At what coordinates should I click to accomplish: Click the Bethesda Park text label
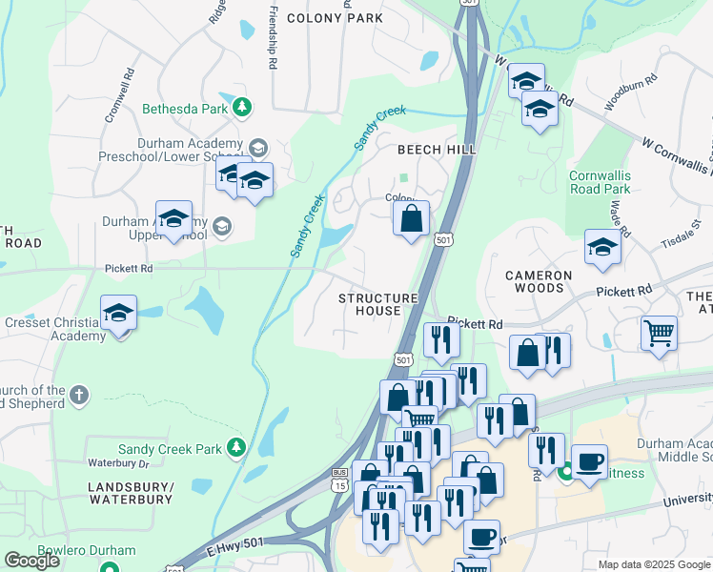pyautogui.click(x=185, y=109)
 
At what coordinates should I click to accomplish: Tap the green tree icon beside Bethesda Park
pyautogui.click(x=243, y=108)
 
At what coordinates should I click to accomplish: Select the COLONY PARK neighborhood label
pyautogui.click(x=335, y=18)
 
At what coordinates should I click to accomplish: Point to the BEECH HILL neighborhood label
pyautogui.click(x=436, y=150)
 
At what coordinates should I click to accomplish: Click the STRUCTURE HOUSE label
pyautogui.click(x=378, y=305)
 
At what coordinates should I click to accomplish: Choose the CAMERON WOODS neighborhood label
pyautogui.click(x=539, y=282)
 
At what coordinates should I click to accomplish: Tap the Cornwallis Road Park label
pyautogui.click(x=600, y=182)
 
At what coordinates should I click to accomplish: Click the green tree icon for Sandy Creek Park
pyautogui.click(x=236, y=448)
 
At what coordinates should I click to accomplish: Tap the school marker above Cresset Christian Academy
pyautogui.click(x=118, y=314)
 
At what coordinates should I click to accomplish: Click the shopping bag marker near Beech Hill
pyautogui.click(x=411, y=219)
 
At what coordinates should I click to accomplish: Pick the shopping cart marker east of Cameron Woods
pyautogui.click(x=659, y=335)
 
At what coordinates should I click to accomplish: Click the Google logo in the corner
pyautogui.click(x=31, y=561)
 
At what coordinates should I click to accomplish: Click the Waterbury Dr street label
pyautogui.click(x=119, y=463)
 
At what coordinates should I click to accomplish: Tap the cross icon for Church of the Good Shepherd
pyautogui.click(x=80, y=394)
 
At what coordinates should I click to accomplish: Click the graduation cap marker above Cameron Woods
pyautogui.click(x=602, y=248)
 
